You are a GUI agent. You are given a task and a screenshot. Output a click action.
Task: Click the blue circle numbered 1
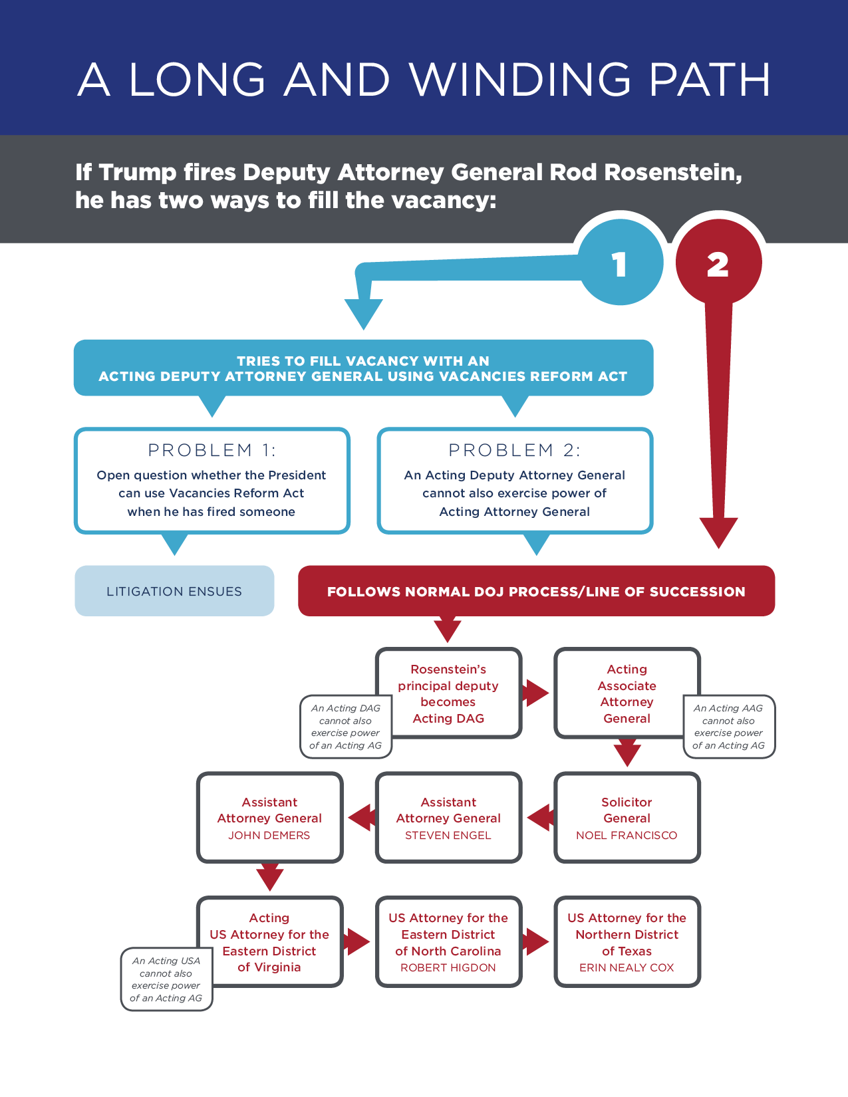point(620,263)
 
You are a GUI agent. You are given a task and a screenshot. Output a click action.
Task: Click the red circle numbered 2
point(718,263)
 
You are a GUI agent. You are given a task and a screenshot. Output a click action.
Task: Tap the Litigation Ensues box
point(174,591)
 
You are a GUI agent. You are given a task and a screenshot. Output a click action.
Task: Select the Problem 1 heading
point(212,450)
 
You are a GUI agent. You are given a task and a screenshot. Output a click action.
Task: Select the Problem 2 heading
point(515,450)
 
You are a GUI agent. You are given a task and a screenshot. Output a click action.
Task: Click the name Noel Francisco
point(627,835)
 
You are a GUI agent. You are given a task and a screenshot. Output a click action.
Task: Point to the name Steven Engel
point(448,835)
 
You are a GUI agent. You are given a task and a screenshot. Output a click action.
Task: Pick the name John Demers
point(269,835)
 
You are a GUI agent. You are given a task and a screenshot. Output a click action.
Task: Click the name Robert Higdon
point(448,967)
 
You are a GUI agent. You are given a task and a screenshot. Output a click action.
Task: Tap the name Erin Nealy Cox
point(627,967)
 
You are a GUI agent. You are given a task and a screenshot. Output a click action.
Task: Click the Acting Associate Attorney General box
point(627,693)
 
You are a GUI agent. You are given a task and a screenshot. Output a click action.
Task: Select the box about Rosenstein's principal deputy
point(448,693)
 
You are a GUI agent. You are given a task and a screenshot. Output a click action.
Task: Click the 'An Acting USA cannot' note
point(166,979)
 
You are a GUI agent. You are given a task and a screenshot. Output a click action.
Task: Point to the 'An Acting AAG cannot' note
point(729,727)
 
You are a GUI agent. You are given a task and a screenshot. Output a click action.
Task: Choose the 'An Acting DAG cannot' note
point(346,727)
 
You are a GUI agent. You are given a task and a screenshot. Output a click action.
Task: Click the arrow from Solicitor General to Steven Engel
point(540,818)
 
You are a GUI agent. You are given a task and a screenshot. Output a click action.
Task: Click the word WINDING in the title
point(519,80)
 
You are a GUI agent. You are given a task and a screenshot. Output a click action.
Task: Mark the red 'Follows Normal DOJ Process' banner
point(536,591)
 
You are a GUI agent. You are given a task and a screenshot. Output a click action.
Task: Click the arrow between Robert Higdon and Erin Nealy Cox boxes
point(536,941)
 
